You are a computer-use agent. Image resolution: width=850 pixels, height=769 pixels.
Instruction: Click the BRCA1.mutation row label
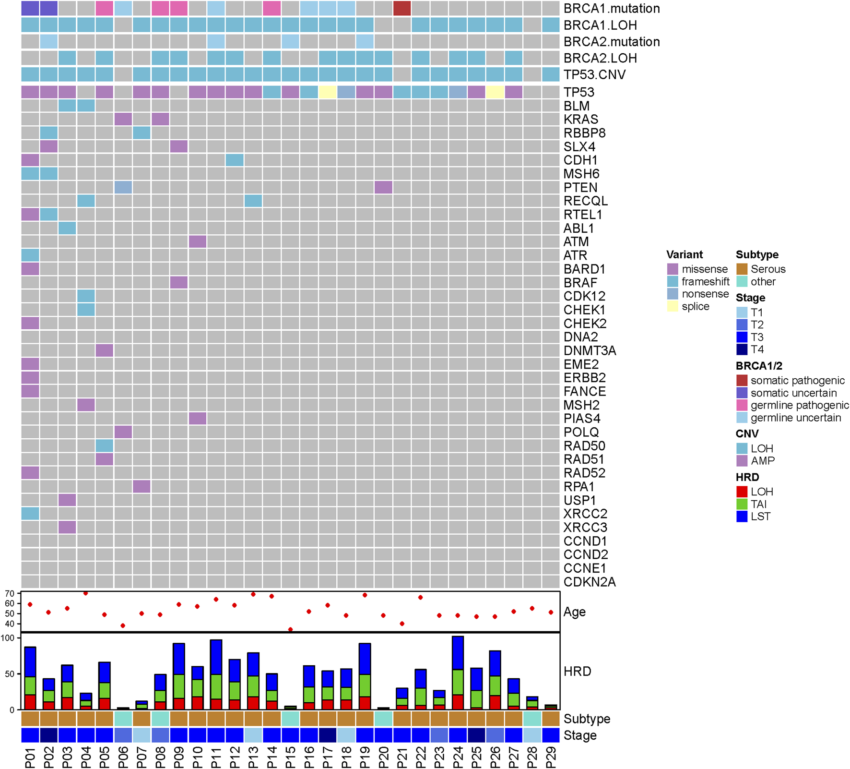(612, 9)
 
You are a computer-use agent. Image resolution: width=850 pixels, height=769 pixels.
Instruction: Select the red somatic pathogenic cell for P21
(402, 9)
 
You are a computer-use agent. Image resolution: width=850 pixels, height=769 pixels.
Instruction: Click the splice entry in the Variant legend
(695, 306)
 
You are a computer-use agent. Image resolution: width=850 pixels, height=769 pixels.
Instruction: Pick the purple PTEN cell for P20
(383, 187)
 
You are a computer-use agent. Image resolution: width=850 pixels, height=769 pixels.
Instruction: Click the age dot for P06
(123, 625)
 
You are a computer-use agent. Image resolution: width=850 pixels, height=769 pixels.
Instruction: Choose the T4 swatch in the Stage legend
(742, 349)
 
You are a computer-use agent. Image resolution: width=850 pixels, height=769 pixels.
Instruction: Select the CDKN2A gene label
(589, 582)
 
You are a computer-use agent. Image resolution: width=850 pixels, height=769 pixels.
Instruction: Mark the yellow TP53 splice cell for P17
(328, 92)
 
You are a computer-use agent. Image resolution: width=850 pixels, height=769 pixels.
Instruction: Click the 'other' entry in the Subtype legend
(763, 282)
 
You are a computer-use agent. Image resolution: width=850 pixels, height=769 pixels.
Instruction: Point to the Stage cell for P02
(49, 735)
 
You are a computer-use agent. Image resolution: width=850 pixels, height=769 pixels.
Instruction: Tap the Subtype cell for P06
(123, 719)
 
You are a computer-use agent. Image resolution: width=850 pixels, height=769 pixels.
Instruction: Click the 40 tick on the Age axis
(10, 624)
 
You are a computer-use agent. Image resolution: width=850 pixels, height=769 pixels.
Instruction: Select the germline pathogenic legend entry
(799, 405)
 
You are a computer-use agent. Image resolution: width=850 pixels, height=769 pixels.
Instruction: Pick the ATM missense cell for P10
(198, 241)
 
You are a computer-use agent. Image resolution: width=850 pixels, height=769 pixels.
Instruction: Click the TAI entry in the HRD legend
(758, 504)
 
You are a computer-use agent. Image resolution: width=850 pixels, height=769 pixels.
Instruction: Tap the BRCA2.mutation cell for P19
(365, 42)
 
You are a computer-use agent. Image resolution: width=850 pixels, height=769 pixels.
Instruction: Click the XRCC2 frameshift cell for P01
(30, 514)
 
